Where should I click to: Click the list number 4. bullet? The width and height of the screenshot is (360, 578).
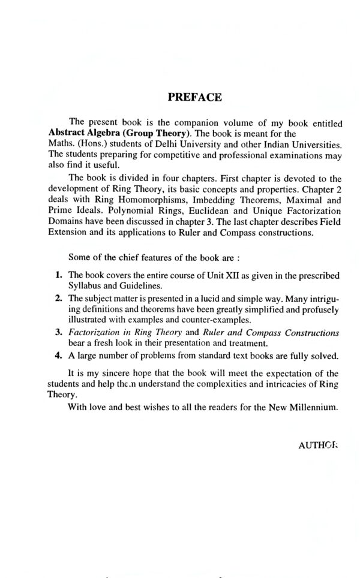[58, 354]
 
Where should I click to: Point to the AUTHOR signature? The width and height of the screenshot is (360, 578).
[319, 446]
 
